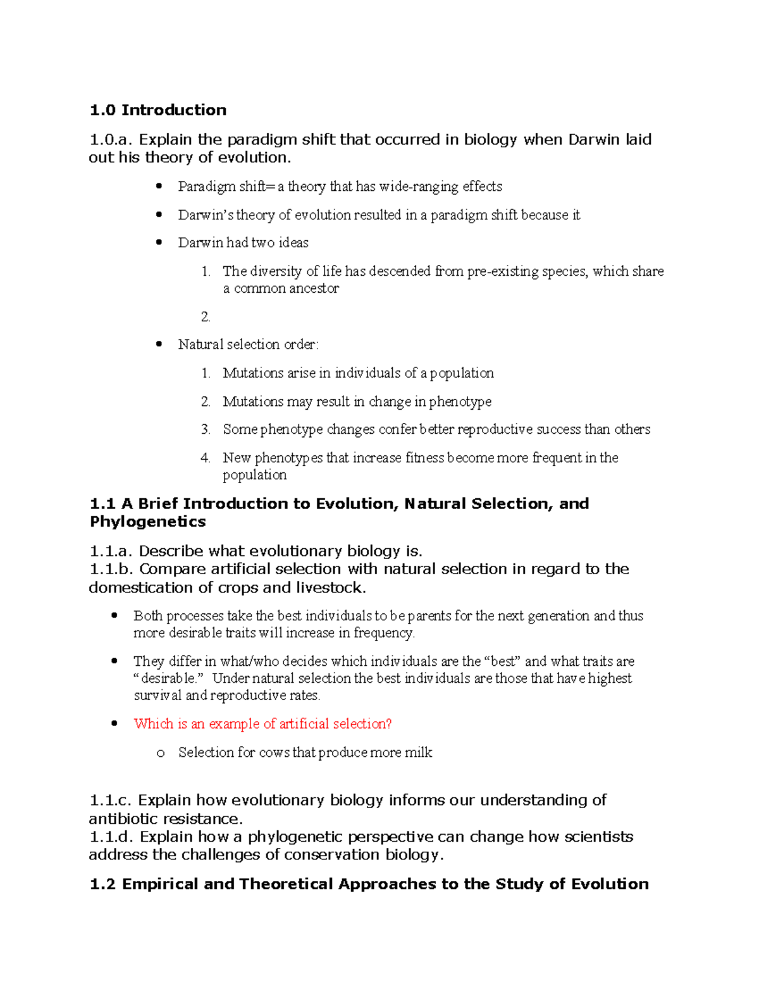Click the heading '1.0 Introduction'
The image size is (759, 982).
point(157,110)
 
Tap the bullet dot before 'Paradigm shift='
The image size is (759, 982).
point(159,186)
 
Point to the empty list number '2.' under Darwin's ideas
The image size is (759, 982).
point(206,317)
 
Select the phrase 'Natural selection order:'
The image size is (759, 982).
point(248,345)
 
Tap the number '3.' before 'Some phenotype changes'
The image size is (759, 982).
point(206,429)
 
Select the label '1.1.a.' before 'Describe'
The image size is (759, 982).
point(111,551)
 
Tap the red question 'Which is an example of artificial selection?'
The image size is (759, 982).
point(262,724)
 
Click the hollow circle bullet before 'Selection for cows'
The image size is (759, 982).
point(160,753)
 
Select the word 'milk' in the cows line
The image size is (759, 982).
point(418,752)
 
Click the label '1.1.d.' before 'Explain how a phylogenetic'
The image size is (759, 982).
point(111,837)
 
